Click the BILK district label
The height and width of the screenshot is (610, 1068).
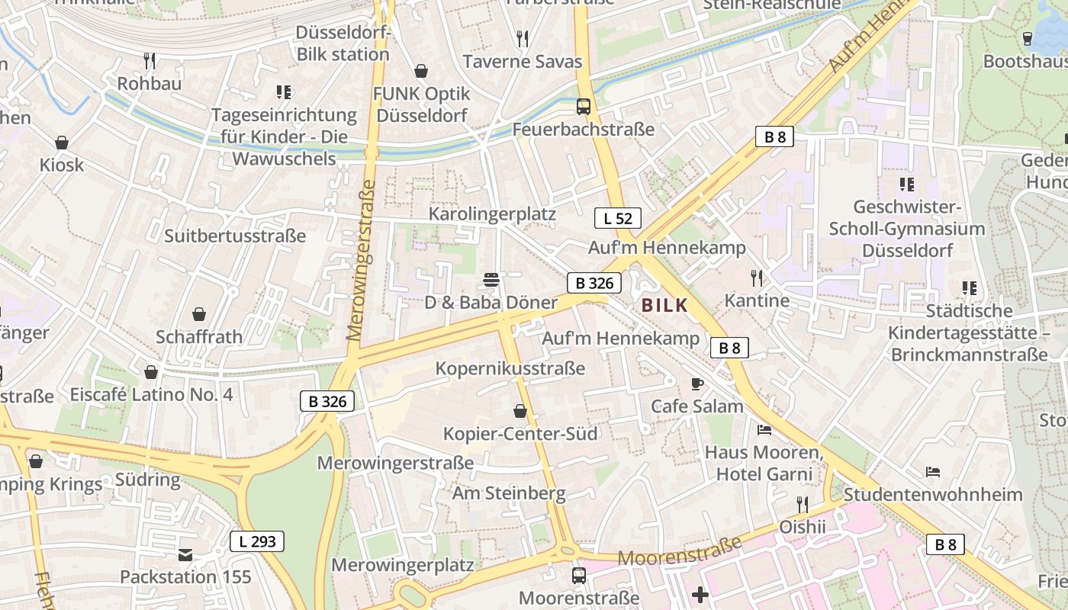pos(665,306)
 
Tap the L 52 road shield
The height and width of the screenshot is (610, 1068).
pos(617,218)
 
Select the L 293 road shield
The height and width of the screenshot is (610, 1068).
pos(257,542)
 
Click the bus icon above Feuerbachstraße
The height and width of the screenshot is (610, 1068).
pos(584,107)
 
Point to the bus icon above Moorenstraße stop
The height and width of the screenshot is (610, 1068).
pos(579,575)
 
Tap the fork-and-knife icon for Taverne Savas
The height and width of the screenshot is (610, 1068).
pos(523,38)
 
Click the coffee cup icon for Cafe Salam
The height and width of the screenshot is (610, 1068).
pos(696,384)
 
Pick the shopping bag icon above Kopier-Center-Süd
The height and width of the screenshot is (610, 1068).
pos(520,412)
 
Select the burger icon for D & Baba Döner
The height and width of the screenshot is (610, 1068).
pos(491,280)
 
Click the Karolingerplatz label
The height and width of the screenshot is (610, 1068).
pos(492,213)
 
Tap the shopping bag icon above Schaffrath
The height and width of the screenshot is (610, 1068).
pos(199,314)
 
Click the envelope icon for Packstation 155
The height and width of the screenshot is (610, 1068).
pos(185,554)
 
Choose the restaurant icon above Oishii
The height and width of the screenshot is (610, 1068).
pos(803,505)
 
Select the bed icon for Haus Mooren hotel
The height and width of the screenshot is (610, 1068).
pos(764,430)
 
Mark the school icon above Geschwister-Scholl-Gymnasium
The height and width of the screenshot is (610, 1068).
pos(906,184)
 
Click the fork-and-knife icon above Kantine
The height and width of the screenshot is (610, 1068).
pos(757,278)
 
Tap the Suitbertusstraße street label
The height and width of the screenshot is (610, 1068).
pos(235,236)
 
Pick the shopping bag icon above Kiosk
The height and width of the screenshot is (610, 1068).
pos(62,143)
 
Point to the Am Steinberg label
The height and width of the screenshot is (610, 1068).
pos(509,493)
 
